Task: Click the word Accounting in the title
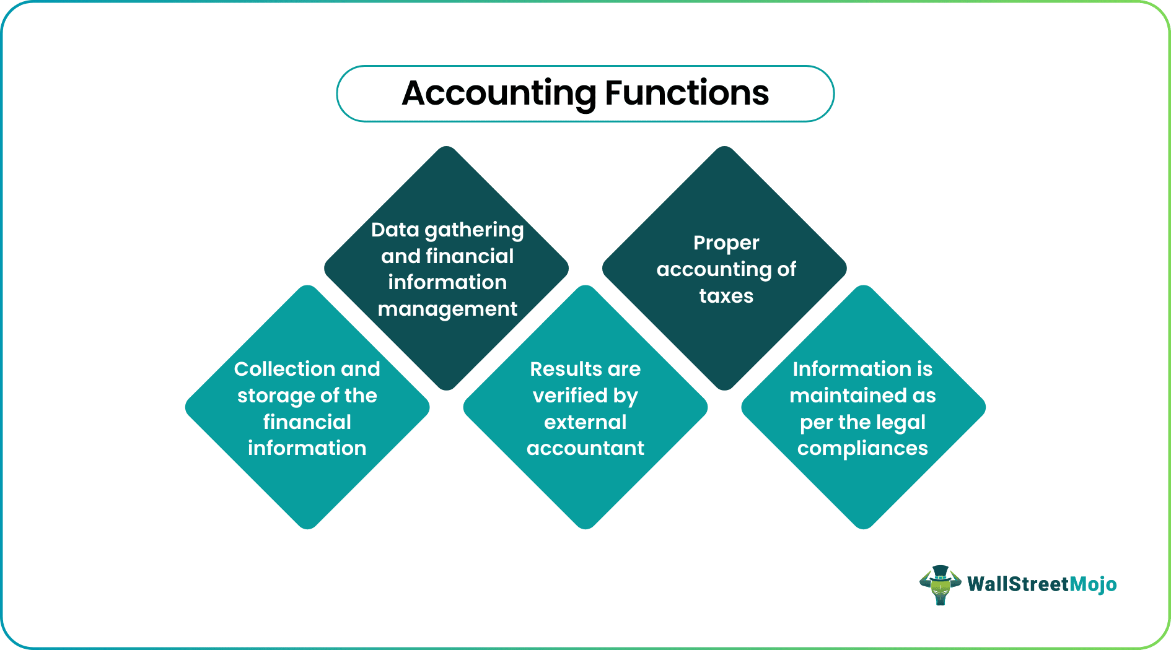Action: pos(499,94)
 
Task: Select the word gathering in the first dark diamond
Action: pos(474,231)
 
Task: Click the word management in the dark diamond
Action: pos(447,310)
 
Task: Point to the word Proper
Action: pos(726,244)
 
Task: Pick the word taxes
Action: pos(726,296)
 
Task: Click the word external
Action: pos(585,422)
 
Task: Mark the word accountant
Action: pos(585,448)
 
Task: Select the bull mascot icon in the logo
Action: pos(940,585)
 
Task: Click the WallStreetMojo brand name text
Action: pos(1042,584)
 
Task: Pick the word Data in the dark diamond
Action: pos(395,230)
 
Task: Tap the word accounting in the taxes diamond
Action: pos(713,271)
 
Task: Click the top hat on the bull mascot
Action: pos(940,572)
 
